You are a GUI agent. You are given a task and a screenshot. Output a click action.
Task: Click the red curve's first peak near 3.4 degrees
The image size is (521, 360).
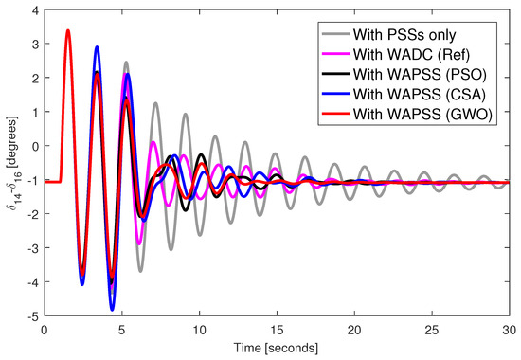pyautogui.click(x=67, y=30)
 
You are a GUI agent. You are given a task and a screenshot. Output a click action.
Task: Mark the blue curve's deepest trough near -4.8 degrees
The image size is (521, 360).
pyautogui.click(x=112, y=309)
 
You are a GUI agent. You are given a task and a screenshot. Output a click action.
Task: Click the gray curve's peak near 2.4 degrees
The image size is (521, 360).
pyautogui.click(x=126, y=63)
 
